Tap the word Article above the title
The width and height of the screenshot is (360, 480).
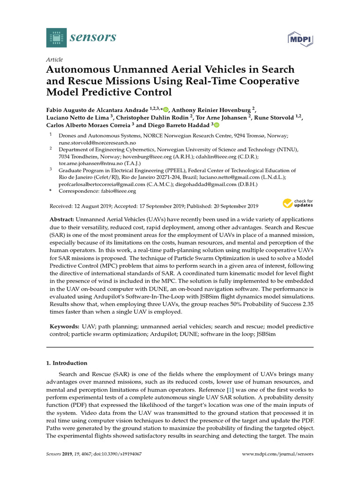tap(54, 60)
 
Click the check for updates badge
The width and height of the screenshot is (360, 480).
tap(298, 203)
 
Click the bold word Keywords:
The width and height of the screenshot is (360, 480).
tap(64, 326)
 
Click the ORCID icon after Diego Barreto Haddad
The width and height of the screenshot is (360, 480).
tap(216, 125)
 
